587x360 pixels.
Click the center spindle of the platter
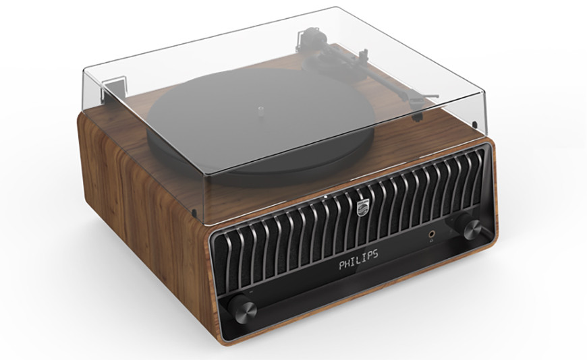(260, 105)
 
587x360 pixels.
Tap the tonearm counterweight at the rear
(312, 32)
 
